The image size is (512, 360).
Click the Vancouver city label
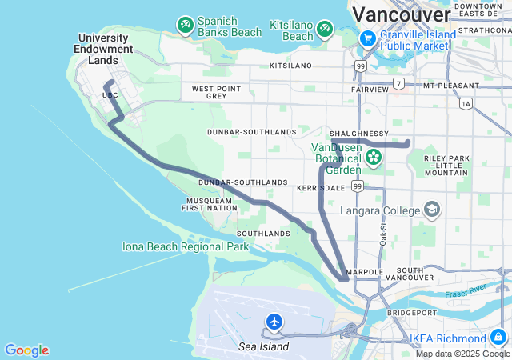pos(401,14)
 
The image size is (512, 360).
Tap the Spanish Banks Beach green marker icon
pos(185,26)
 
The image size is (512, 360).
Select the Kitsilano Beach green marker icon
pos(325,30)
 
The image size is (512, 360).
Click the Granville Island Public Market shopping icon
pos(367,38)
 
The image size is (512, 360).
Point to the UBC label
pos(110,95)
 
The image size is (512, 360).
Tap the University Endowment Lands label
pos(105,49)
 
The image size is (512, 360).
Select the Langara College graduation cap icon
pos(432,210)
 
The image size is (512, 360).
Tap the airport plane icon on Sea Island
pos(274,322)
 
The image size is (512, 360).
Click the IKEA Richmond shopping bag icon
pos(498,338)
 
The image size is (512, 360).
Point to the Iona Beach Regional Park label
pos(186,246)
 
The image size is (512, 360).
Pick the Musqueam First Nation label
pos(211,204)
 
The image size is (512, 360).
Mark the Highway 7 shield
pos(398,84)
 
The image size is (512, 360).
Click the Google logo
pos(26,350)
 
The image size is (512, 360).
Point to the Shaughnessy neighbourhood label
pos(360,134)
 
